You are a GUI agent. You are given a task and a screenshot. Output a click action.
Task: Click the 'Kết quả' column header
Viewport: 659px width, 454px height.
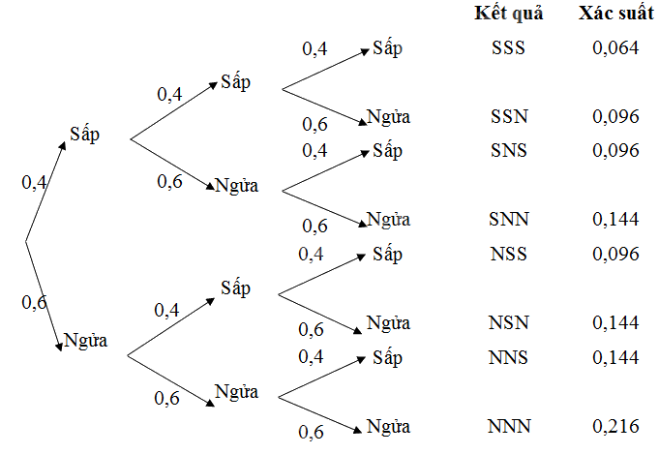pos(509,15)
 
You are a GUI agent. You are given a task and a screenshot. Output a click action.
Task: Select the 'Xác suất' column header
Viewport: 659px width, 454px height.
pos(614,15)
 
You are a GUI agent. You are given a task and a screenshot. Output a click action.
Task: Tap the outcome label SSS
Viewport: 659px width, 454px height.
pos(508,47)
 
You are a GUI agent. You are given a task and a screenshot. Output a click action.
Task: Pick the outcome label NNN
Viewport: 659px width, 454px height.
pos(509,426)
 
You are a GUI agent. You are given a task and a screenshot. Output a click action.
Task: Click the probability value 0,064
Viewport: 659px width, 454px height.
pos(616,47)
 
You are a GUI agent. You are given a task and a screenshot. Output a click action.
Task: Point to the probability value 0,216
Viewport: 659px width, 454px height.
pos(616,426)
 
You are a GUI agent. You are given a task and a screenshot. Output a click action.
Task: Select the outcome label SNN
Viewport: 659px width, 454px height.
pos(509,220)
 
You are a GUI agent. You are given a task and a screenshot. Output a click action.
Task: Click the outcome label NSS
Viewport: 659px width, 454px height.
pos(508,254)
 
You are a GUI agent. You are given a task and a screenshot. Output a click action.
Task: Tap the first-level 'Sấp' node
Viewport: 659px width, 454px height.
pos(84,135)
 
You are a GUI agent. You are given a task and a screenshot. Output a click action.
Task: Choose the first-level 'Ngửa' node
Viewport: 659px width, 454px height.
pos(85,341)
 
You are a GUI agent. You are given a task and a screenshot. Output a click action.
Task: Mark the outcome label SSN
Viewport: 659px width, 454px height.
pos(508,116)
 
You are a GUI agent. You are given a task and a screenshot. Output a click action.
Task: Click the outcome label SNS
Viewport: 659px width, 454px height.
pos(508,151)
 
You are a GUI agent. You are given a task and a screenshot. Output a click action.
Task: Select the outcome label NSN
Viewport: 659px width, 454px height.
pos(508,322)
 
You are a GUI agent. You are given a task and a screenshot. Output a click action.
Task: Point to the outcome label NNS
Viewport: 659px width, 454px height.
pos(509,357)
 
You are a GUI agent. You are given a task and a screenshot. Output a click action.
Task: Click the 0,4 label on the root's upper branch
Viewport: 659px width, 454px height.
pos(34,182)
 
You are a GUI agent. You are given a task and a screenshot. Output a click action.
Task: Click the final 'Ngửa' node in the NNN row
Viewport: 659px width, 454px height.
pos(388,426)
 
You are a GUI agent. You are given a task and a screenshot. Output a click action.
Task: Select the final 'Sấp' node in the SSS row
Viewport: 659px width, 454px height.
pos(387,48)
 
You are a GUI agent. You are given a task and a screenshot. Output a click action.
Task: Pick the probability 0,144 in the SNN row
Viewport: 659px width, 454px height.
pos(616,220)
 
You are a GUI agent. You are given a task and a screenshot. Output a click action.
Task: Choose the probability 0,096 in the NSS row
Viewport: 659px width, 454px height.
pos(616,254)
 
